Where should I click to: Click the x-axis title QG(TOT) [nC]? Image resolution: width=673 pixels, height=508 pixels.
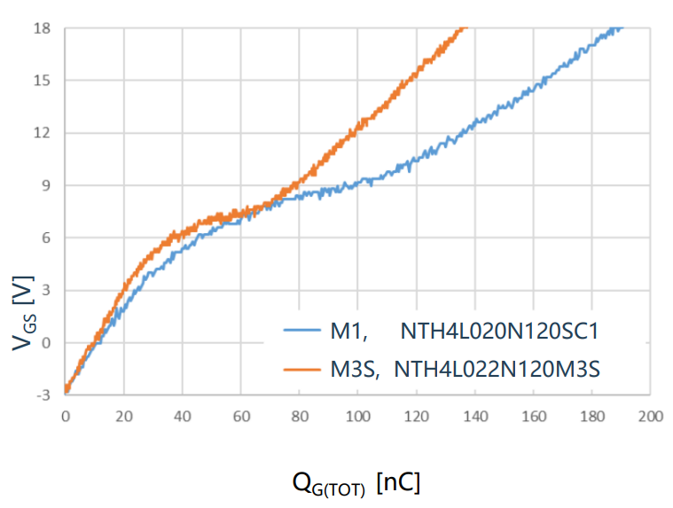tap(356, 484)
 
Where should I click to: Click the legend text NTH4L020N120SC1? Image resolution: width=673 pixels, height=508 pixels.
tap(500, 332)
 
